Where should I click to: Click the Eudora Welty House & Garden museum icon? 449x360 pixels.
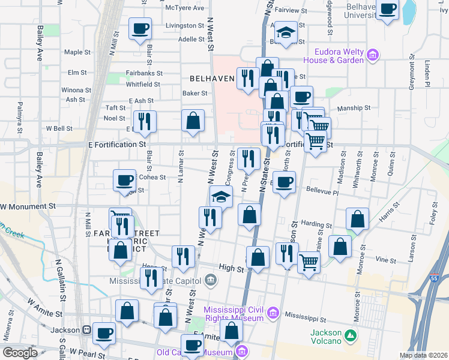373,55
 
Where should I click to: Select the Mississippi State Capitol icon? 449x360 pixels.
211,279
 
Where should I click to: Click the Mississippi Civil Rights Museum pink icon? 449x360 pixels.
273,313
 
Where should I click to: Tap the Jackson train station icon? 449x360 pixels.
86,330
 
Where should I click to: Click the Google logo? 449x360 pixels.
20,353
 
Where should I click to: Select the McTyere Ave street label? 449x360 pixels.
185,8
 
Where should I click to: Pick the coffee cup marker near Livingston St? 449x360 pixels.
140,28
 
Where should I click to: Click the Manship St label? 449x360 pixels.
354,109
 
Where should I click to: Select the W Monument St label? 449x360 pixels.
28,206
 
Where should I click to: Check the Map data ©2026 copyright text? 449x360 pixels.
423,355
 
